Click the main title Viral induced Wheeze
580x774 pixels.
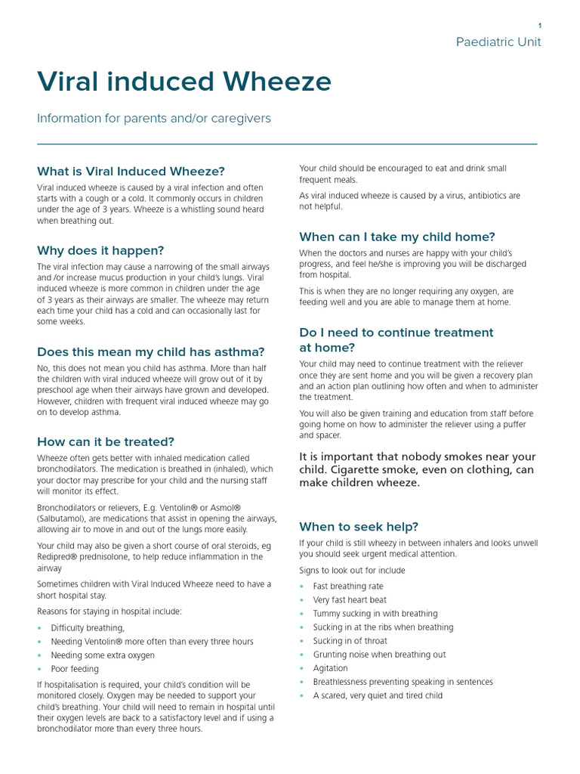pyautogui.click(x=184, y=82)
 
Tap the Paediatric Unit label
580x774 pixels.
pyautogui.click(x=498, y=42)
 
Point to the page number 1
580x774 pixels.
pyautogui.click(x=539, y=26)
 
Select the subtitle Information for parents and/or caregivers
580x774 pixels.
pyautogui.click(x=154, y=119)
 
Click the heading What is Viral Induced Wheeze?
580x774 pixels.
pyautogui.click(x=131, y=172)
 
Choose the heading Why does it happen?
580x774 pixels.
pyautogui.click(x=100, y=250)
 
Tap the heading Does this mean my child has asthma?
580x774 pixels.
pyautogui.click(x=151, y=351)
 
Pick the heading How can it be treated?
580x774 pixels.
pyautogui.click(x=106, y=441)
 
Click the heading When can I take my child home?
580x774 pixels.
pyautogui.click(x=397, y=237)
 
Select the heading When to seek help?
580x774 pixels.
pyautogui.click(x=359, y=527)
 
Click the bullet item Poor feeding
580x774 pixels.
pyautogui.click(x=75, y=669)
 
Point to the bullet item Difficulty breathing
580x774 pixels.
pyautogui.click(x=88, y=628)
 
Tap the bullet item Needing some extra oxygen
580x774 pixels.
pyautogui.click(x=103, y=655)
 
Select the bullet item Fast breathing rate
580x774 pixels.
pyautogui.click(x=348, y=587)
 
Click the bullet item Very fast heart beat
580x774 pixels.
pyautogui.click(x=350, y=600)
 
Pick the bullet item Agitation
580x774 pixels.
pyautogui.click(x=331, y=668)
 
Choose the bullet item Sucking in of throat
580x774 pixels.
pyautogui.click(x=350, y=641)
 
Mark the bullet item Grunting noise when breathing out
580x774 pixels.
pyautogui.click(x=379, y=655)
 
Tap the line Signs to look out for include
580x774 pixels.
pyautogui.click(x=352, y=571)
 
